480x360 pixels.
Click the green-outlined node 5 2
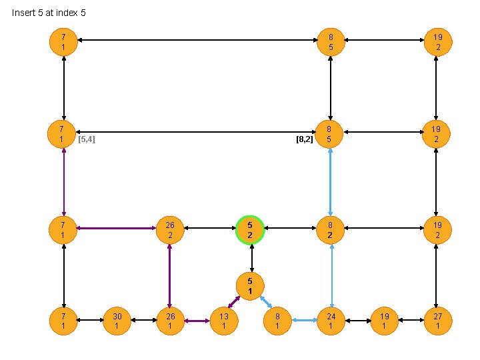point(250,230)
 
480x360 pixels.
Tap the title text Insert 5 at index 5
point(49,13)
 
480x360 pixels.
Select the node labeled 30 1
point(117,321)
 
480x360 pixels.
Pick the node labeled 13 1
point(224,321)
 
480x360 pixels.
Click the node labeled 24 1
point(331,321)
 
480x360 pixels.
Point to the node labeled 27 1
point(437,321)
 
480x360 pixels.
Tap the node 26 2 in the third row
point(170,230)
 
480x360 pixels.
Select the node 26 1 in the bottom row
point(170,321)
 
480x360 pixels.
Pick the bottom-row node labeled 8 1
point(277,321)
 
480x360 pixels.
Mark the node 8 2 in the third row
point(331,230)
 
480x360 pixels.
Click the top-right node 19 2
point(437,43)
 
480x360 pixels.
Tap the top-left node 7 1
point(63,43)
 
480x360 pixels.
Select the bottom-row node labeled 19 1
point(384,321)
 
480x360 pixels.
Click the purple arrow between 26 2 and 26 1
point(170,275)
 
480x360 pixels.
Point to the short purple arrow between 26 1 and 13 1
point(197,321)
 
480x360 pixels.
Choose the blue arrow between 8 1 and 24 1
point(304,321)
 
